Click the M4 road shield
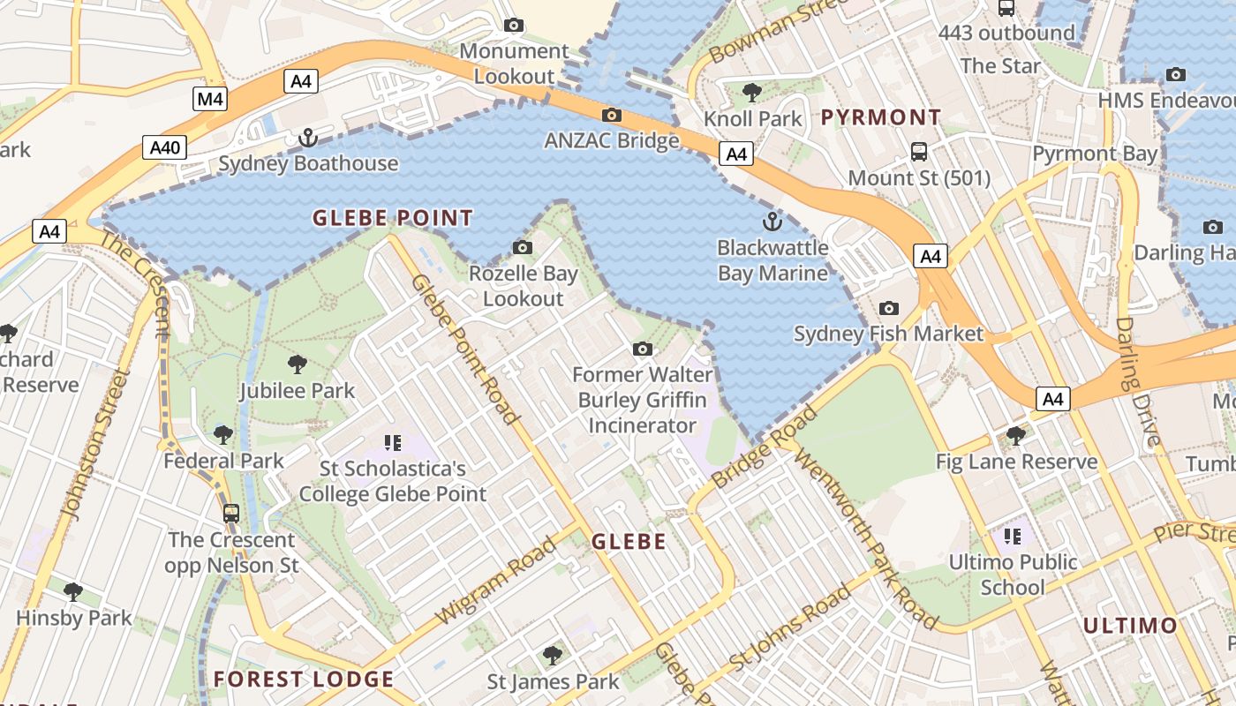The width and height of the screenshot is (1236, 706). (x=210, y=98)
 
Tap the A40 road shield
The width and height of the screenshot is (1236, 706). (x=165, y=147)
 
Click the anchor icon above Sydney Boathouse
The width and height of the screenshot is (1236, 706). (x=307, y=138)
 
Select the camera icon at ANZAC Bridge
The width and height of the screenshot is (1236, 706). (x=611, y=115)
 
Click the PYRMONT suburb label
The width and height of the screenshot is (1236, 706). (x=881, y=117)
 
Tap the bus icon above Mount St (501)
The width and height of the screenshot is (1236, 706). (x=919, y=152)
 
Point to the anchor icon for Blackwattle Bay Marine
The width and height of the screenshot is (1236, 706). (x=772, y=222)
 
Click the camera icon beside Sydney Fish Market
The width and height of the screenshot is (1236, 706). (x=889, y=308)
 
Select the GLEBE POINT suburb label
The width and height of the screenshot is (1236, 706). (x=393, y=218)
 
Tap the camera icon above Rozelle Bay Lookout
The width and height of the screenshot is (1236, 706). (x=523, y=247)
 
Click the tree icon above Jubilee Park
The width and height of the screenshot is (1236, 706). (x=298, y=364)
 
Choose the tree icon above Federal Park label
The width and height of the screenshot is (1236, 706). (x=223, y=434)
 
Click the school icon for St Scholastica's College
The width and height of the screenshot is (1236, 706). (x=393, y=442)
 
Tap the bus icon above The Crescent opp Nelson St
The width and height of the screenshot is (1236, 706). (x=231, y=513)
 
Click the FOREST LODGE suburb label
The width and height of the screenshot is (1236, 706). (x=304, y=679)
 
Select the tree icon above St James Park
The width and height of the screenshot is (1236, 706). (x=553, y=655)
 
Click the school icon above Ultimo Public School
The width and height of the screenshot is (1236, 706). (x=1013, y=536)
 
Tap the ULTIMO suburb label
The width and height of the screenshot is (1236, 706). (x=1130, y=626)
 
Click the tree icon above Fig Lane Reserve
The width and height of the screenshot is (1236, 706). (x=1016, y=435)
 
